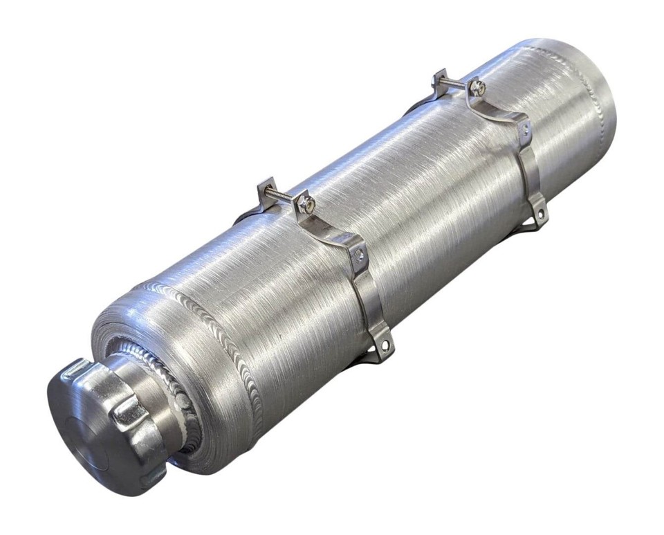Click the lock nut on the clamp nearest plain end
(x=477, y=88)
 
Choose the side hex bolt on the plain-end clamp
(x=525, y=129)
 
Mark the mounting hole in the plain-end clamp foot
(x=537, y=216)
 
